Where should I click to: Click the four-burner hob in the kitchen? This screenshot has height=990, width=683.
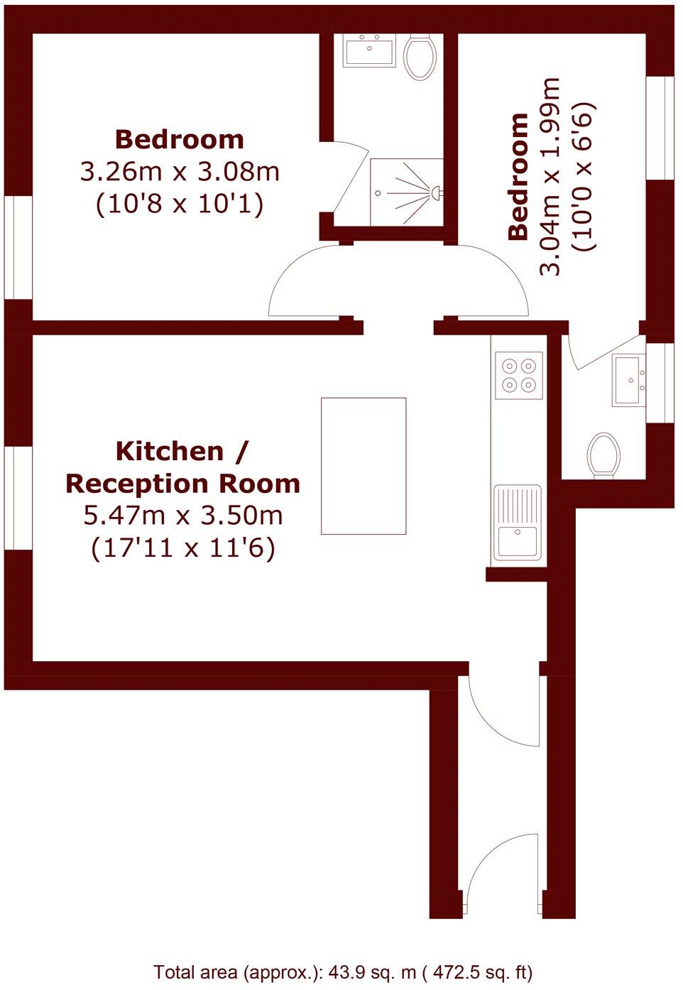coord(518,375)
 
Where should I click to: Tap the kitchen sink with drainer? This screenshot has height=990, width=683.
coord(518,523)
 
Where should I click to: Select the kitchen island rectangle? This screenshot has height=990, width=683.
coord(364,466)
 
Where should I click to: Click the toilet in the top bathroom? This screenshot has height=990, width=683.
coord(420,56)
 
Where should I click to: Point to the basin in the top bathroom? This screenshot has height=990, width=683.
coord(368,50)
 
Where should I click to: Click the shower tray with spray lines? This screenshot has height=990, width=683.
coord(407,192)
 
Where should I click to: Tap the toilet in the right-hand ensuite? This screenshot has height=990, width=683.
coord(604,455)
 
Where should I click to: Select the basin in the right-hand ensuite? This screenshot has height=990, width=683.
coord(629,380)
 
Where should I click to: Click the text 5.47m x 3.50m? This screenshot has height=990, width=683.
coord(183,516)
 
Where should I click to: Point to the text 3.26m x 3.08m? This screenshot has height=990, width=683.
coord(180,172)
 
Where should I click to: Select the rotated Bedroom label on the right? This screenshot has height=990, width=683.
coord(519,176)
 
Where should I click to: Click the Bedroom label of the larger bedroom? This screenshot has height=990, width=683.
coord(180,139)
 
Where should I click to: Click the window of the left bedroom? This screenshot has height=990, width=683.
coord(18,247)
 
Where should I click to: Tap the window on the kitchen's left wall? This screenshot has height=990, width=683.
coord(18,497)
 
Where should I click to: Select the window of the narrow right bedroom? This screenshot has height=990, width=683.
coord(660,127)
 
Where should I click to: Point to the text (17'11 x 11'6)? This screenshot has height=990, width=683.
coord(183,548)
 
